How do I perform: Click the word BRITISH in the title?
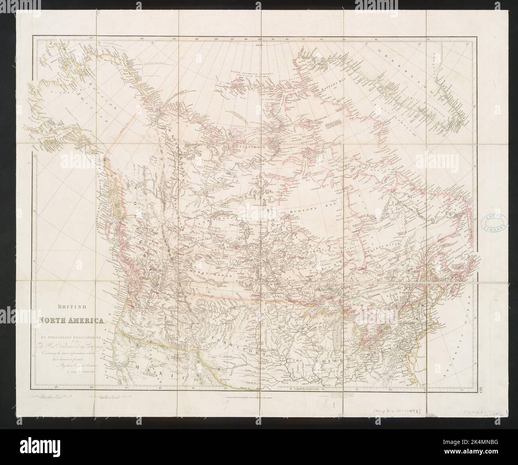(x=71, y=307)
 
